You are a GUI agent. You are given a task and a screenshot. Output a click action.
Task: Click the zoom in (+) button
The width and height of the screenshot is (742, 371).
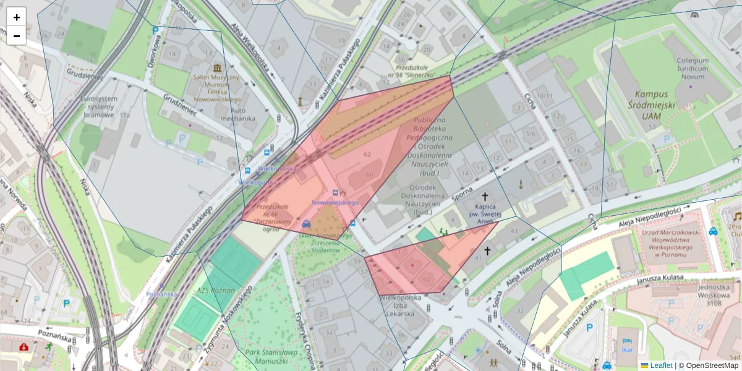tap(17, 17)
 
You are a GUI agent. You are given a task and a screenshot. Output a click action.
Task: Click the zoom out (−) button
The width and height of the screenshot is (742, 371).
tap(17, 36)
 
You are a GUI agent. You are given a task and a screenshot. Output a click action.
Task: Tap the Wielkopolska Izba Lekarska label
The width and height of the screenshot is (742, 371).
tap(400, 305)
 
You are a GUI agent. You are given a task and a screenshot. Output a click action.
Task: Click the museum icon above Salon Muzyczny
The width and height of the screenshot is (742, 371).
tap(217, 67)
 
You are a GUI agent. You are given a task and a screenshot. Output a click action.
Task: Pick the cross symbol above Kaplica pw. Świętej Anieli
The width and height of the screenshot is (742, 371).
tap(484, 196)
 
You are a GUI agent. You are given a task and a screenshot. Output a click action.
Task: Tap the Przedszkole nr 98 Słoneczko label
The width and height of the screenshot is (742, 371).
tap(412, 69)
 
